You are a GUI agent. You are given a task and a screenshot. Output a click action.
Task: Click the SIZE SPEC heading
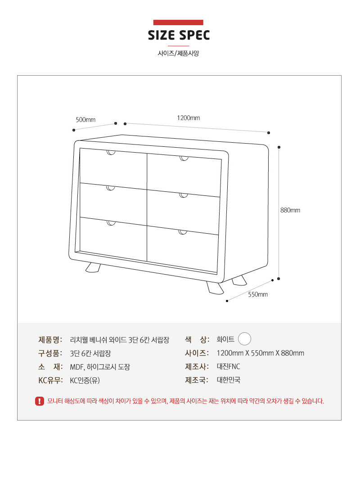point(179,35)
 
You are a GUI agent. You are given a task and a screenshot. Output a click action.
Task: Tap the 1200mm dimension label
point(189,118)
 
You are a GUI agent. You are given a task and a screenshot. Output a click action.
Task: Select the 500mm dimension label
point(85,120)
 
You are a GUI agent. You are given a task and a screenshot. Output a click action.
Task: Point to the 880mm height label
point(290,210)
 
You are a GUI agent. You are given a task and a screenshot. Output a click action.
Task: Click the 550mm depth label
point(258,294)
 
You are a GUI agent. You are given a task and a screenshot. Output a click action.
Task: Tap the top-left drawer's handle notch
point(111,153)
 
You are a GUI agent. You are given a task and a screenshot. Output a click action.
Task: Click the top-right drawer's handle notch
point(184,158)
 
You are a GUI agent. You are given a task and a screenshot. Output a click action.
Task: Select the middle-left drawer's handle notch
point(110,188)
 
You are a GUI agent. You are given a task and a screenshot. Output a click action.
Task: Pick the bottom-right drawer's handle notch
point(183,232)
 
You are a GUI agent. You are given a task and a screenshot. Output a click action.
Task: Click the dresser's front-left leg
point(93,267)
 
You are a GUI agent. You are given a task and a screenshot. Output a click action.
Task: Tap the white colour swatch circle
point(244,339)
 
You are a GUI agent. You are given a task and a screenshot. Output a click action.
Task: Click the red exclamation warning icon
point(40,401)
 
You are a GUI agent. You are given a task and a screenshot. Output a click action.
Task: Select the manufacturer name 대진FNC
point(229,366)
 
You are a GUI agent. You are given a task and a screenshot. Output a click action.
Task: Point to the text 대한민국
point(229,380)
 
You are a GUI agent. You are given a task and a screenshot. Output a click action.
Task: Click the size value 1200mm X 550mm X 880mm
point(261,353)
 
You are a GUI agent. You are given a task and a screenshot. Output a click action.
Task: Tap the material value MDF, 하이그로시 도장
point(100,367)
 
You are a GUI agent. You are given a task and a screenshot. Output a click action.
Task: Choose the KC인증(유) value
point(85,380)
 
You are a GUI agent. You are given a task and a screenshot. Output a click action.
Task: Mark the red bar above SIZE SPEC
point(178,23)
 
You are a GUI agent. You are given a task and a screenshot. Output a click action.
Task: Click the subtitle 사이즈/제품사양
point(179,53)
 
